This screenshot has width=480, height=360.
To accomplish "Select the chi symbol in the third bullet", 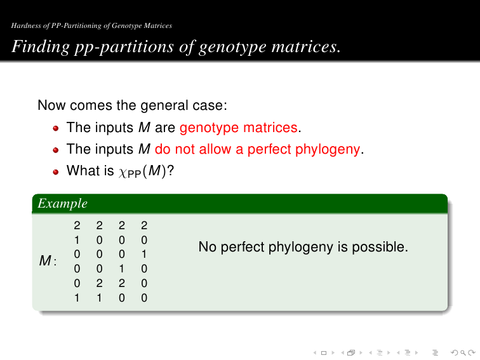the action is [x=123, y=173].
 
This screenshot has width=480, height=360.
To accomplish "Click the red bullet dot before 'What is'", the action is [x=55, y=171].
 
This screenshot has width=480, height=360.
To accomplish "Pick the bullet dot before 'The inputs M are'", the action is [x=55, y=128].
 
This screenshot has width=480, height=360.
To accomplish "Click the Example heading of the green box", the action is [x=62, y=204].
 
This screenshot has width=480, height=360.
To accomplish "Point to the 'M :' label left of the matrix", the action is [x=48, y=261].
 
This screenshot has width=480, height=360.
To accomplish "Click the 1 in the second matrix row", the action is [x=77, y=240].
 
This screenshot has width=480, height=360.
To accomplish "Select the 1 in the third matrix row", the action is [x=144, y=255].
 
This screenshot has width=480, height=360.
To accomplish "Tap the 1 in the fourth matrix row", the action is [x=121, y=269].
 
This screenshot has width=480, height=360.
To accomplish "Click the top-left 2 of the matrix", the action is [x=77, y=225].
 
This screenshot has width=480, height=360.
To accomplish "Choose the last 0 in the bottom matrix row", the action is [x=144, y=298].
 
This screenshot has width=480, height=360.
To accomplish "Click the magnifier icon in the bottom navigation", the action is [x=463, y=353].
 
